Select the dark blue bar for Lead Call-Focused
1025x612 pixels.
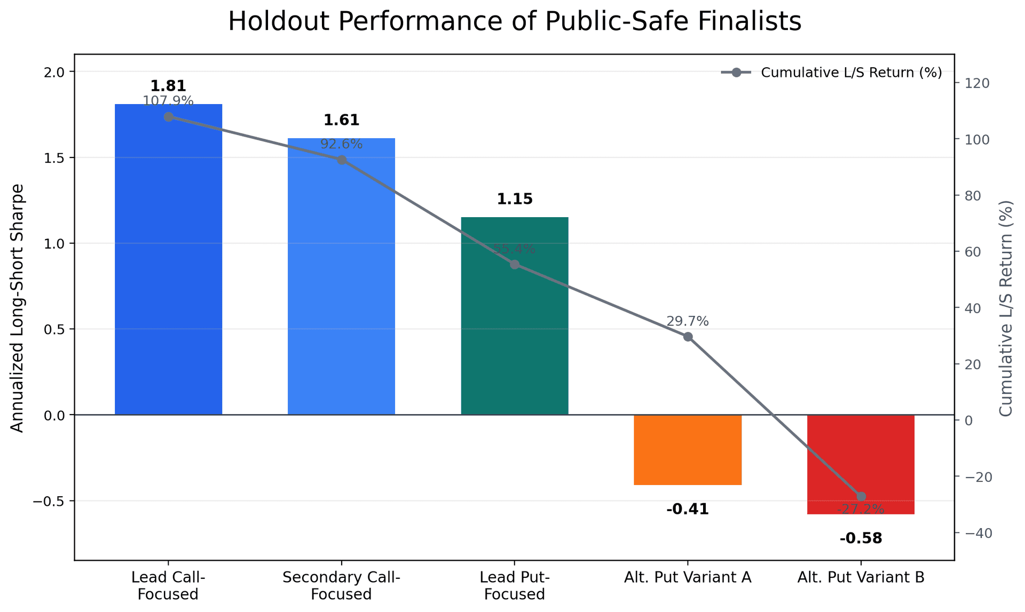pos(168,267)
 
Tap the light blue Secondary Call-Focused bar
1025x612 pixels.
pos(341,283)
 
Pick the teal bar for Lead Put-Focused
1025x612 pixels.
pos(514,331)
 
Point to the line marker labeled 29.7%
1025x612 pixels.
pos(688,337)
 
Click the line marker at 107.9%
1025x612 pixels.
pos(168,117)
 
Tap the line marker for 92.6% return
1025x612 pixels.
pos(341,160)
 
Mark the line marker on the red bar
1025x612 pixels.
pos(861,497)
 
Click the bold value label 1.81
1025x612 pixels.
pos(168,86)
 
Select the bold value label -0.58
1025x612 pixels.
pos(861,538)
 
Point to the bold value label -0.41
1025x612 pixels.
pos(688,510)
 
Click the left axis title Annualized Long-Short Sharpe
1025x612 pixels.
pos(17,308)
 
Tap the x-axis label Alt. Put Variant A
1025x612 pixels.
pos(688,578)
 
